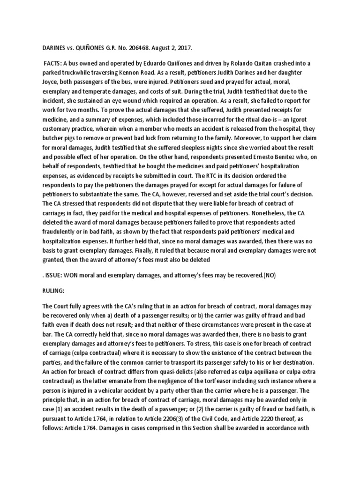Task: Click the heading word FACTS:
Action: tap(56, 63)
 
